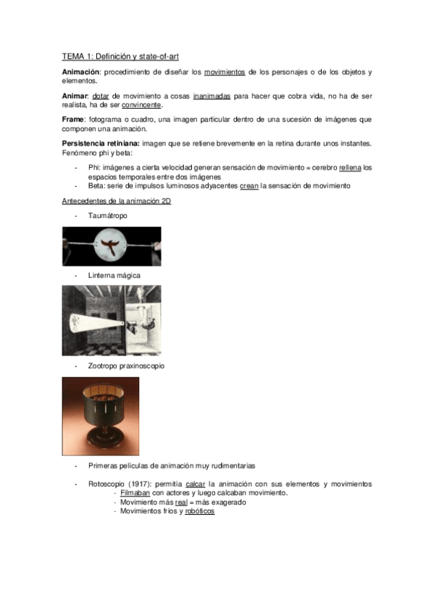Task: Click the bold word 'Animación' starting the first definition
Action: click(81, 72)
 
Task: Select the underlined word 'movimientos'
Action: click(225, 72)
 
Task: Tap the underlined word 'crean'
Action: click(248, 185)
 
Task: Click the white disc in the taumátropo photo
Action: click(112, 245)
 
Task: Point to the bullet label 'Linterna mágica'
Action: click(114, 276)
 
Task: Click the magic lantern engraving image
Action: click(112, 320)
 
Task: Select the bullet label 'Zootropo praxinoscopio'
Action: click(126, 366)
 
